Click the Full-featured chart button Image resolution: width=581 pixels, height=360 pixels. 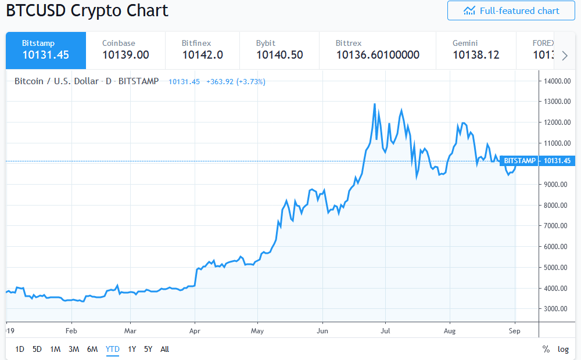point(511,10)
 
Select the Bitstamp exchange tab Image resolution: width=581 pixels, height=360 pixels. point(46,50)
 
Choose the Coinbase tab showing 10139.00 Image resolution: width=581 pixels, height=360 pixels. point(125,50)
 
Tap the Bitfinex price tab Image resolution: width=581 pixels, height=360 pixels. point(202,50)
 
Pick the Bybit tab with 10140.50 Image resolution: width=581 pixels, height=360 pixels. point(279,50)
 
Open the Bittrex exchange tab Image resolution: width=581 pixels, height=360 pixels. point(377,50)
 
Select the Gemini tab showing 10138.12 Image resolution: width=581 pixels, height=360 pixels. point(475,50)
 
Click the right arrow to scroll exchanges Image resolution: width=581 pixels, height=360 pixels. point(565,55)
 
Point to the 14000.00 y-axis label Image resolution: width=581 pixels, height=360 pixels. point(555,81)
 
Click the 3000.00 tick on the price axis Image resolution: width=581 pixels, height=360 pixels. point(555,309)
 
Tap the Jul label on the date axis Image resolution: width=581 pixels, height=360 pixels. point(385,331)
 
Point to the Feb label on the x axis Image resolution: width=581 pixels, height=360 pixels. point(71,331)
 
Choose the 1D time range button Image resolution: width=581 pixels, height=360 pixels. point(20,349)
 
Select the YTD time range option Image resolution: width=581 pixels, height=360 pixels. point(112,349)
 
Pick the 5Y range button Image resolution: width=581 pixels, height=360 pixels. point(148,349)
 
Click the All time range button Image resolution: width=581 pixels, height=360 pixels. point(165,349)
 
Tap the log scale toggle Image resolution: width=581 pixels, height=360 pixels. point(563,349)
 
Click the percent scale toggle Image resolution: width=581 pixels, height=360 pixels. point(546,349)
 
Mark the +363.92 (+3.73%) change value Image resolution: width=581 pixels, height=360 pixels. point(236,82)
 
